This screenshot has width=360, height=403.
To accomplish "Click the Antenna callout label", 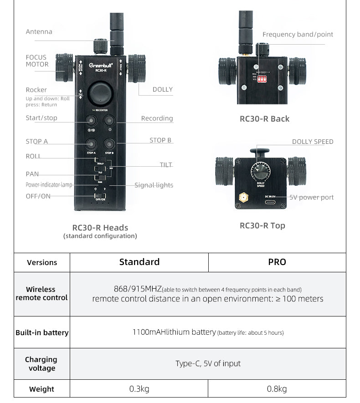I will (39, 32).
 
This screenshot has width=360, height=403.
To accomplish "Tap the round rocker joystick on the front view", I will (100, 93).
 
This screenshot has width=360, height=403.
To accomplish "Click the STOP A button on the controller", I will (91, 143).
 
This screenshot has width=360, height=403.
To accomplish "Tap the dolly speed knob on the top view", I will (260, 172).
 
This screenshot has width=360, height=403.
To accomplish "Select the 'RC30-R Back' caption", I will (264, 119).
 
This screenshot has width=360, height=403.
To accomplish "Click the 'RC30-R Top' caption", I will (262, 225).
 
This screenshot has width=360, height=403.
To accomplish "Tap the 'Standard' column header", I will (139, 262).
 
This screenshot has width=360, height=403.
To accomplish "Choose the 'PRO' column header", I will (277, 262).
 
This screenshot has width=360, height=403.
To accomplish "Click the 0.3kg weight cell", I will (139, 389).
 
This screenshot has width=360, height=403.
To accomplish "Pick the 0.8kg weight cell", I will (277, 389).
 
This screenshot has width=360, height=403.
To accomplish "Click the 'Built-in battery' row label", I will (42, 332).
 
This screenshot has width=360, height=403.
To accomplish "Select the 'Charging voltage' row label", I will (42, 364).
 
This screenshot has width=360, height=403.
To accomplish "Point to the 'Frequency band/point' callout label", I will (298, 35).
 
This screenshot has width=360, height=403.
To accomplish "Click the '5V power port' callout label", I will (312, 197).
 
